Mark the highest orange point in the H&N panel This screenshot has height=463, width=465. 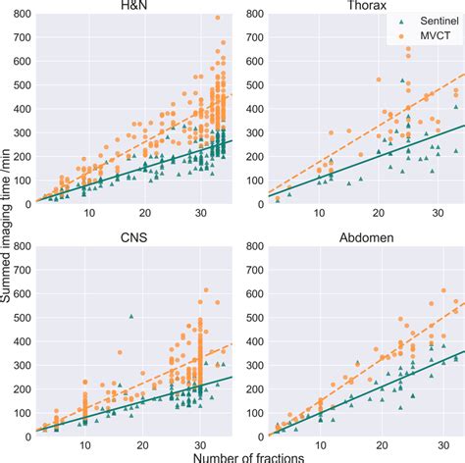click(218, 18)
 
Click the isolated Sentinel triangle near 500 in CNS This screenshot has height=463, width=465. click(130, 316)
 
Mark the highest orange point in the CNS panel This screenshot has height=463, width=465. click(206, 289)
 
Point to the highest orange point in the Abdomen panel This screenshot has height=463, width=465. click(442, 290)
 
